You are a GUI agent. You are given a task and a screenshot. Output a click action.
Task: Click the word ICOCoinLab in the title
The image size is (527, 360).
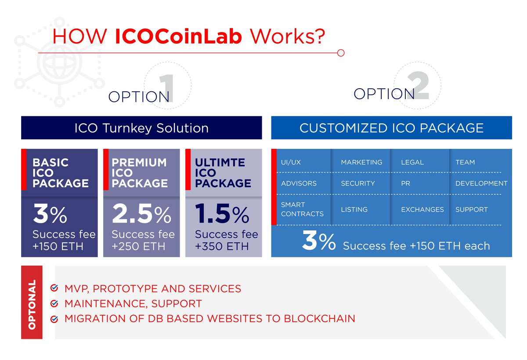tap(178, 37)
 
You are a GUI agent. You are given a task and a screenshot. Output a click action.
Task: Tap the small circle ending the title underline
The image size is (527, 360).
tap(340, 53)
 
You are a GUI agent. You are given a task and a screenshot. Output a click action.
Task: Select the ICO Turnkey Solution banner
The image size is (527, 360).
tap(141, 128)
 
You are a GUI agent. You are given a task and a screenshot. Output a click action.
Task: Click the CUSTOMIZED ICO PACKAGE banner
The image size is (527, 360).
tap(391, 128)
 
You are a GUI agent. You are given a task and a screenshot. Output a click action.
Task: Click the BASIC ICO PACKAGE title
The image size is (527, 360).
tap(60, 173)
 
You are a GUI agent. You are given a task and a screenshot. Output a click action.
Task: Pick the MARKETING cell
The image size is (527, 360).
tap(361, 162)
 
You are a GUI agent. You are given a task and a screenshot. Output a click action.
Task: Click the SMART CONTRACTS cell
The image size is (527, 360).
tap(302, 209)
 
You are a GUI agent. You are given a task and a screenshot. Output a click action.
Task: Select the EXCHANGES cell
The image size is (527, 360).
tap(422, 209)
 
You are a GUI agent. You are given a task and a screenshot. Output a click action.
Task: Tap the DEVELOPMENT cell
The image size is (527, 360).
tap(481, 183)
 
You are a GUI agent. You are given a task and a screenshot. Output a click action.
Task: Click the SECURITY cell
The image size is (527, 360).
tap(358, 183)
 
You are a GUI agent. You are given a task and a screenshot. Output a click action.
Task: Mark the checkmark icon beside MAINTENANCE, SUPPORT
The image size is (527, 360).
tap(54, 303)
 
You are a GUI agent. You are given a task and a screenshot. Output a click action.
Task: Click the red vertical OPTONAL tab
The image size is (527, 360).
tap(32, 302)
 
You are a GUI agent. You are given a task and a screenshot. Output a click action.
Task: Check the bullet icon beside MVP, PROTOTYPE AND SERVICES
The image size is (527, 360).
tap(54, 288)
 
